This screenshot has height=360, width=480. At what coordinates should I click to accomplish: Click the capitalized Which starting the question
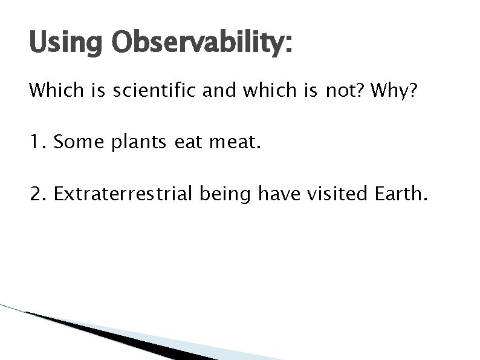click(x=50, y=92)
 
